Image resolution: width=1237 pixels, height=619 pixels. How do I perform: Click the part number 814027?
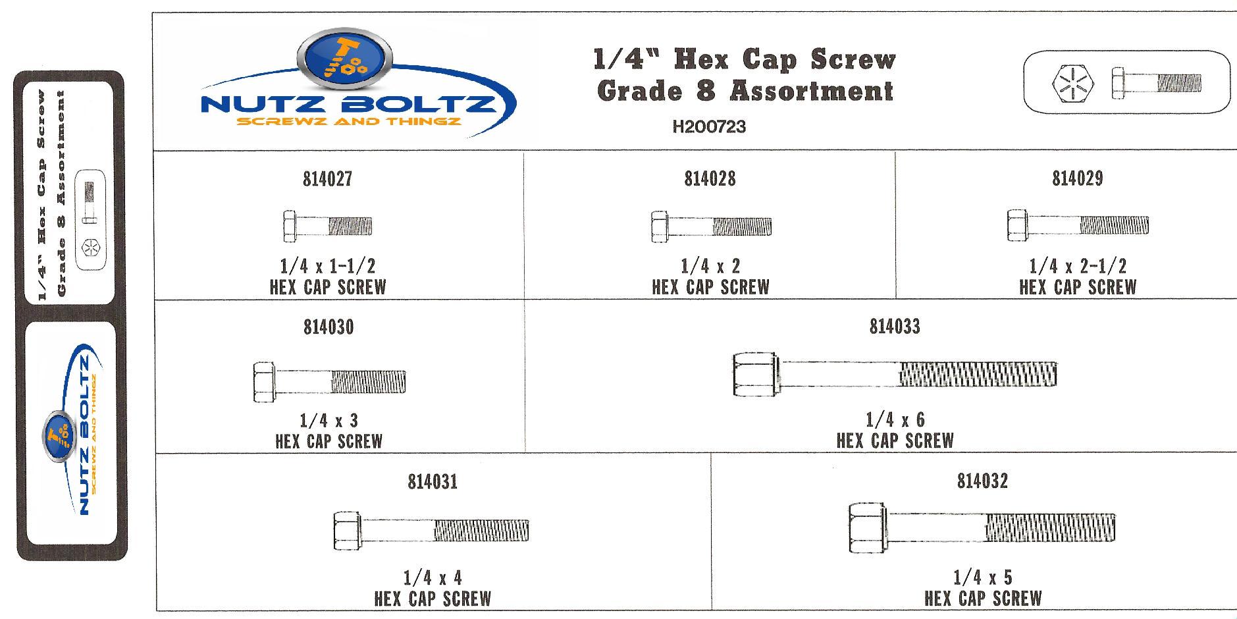pyautogui.click(x=327, y=179)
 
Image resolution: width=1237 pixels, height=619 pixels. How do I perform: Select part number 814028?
pyautogui.click(x=710, y=179)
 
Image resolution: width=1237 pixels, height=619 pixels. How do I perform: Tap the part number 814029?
pyautogui.click(x=1077, y=178)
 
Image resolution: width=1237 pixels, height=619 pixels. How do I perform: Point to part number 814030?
pyautogui.click(x=328, y=327)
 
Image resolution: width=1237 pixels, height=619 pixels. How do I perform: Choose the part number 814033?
pyautogui.click(x=895, y=327)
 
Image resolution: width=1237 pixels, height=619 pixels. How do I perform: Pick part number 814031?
pyautogui.click(x=433, y=482)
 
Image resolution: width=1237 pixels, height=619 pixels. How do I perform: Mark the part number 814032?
pyautogui.click(x=982, y=481)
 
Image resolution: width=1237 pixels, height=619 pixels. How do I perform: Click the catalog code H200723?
pyautogui.click(x=709, y=127)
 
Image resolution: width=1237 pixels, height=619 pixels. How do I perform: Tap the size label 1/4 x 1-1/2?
pyautogui.click(x=327, y=266)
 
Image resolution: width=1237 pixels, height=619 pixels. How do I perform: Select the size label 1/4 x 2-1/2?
pyautogui.click(x=1078, y=266)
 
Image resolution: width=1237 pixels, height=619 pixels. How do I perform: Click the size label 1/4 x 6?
pyautogui.click(x=895, y=419)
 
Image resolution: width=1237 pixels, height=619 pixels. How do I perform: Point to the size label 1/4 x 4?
pyautogui.click(x=433, y=578)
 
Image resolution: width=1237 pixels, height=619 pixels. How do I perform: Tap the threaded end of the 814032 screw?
pyautogui.click(x=1049, y=527)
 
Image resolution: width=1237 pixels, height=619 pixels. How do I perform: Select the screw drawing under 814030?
pyautogui.click(x=329, y=381)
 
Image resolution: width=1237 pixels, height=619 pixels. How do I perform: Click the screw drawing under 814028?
pyautogui.click(x=711, y=227)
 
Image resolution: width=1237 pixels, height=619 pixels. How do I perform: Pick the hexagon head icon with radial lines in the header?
pyautogui.click(x=1074, y=84)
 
